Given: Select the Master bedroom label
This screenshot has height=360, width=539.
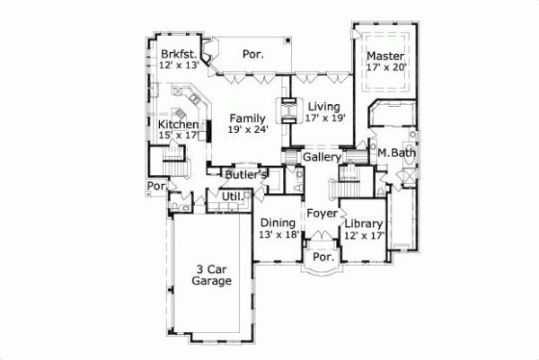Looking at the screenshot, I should click(384, 54).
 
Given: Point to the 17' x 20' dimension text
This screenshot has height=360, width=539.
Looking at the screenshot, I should click(387, 66).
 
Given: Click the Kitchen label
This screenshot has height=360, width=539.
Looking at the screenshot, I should click(178, 124).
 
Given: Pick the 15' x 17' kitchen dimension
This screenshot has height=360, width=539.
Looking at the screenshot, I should click(178, 136).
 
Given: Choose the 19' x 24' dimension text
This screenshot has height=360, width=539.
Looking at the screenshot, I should click(247, 130).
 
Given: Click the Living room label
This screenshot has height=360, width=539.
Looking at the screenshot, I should click(323, 106).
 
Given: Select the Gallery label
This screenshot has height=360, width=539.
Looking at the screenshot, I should click(320, 157).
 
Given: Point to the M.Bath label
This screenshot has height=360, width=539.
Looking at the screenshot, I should click(395, 153).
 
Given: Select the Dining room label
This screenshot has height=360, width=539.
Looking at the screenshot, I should click(278, 223).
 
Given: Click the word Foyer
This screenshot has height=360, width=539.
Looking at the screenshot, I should click(321, 214).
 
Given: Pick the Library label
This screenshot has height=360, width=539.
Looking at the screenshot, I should click(364, 224).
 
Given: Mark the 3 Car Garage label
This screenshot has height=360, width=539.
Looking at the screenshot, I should click(212, 274).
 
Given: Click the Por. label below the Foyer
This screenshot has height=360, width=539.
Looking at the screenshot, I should click(322, 257).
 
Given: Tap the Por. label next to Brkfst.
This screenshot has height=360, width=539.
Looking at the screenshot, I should click(253, 55).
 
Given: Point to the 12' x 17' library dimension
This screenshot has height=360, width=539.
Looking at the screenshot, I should click(364, 235).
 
